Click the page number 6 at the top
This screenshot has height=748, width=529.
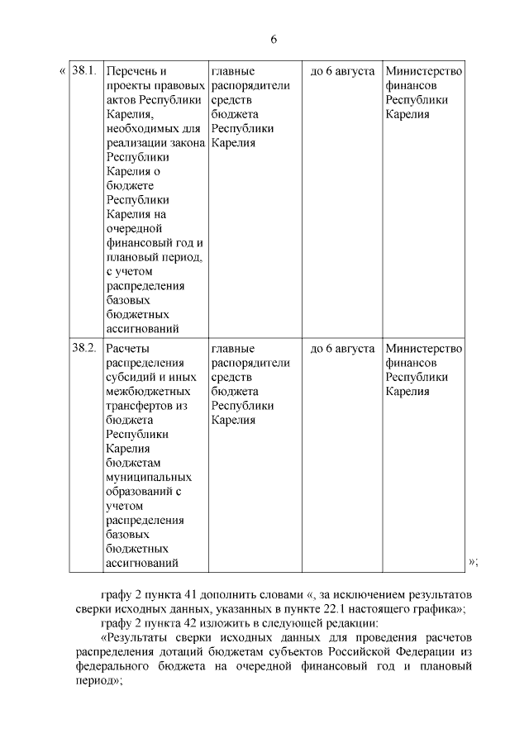click(x=273, y=40)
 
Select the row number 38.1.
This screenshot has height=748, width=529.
click(x=84, y=70)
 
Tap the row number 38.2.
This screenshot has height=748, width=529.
click(x=84, y=348)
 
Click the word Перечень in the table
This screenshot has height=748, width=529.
click(x=131, y=71)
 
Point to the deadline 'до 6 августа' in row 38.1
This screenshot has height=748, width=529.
click(x=341, y=71)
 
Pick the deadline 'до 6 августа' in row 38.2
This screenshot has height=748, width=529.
click(x=341, y=348)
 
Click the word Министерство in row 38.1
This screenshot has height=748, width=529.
click(x=423, y=71)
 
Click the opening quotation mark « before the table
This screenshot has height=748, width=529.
click(x=62, y=71)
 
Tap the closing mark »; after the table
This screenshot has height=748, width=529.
click(x=473, y=562)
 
